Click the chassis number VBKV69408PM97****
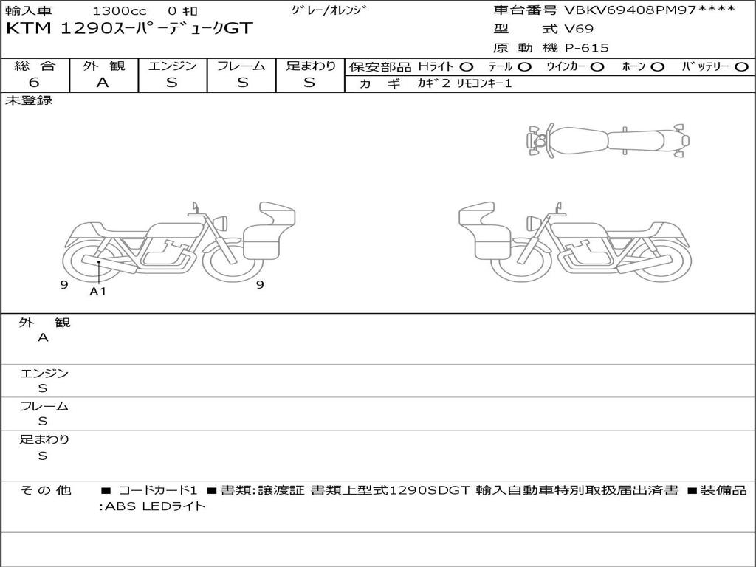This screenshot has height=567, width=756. click(650, 10)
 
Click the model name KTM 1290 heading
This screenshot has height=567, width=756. click(129, 29)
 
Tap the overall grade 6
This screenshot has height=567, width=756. click(34, 83)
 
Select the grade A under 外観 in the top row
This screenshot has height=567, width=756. click(103, 83)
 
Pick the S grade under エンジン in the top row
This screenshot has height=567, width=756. click(171, 83)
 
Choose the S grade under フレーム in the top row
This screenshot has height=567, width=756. click(242, 83)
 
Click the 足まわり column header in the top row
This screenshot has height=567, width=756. click(311, 66)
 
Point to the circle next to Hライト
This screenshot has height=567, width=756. click(467, 67)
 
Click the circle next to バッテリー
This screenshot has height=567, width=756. click(742, 67)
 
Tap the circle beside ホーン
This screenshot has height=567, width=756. click(657, 67)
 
